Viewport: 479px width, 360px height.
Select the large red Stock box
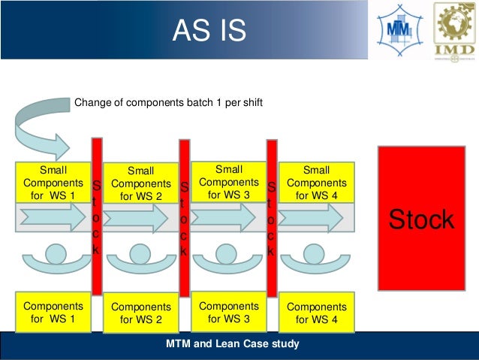421,219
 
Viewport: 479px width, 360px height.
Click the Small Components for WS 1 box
53,183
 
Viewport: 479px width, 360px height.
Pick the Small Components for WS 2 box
140,184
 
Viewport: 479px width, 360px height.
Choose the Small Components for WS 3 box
229,182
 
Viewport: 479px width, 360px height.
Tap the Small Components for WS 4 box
316,183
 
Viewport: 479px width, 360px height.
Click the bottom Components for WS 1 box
53,313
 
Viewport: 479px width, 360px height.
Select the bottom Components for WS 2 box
140,313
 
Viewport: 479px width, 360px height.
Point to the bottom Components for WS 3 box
229,313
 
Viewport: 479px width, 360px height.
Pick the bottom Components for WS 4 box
316,313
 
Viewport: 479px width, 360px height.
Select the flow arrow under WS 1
53,218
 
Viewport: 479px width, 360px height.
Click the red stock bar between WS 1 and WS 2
96,216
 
